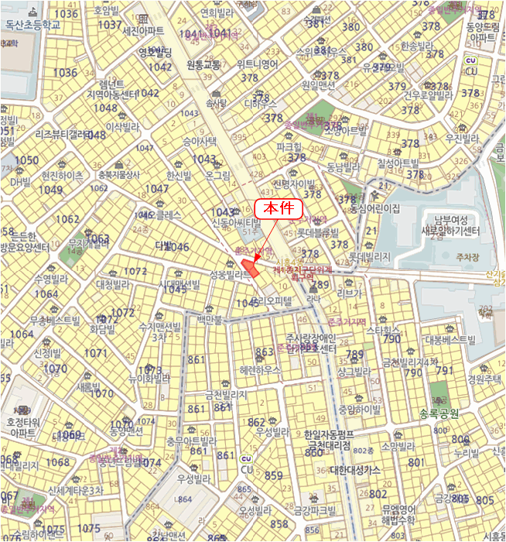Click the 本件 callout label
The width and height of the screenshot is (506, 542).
coord(277,209)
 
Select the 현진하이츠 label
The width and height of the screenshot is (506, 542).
coord(62,176)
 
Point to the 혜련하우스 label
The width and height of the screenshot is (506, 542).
coord(260,370)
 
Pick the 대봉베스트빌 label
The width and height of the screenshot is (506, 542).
coord(449,339)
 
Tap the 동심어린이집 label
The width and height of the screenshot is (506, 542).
coord(374,208)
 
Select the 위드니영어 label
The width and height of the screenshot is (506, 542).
coord(258,64)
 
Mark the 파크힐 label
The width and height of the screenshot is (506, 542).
coord(289,146)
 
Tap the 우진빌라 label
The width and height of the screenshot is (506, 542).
coord(463,138)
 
